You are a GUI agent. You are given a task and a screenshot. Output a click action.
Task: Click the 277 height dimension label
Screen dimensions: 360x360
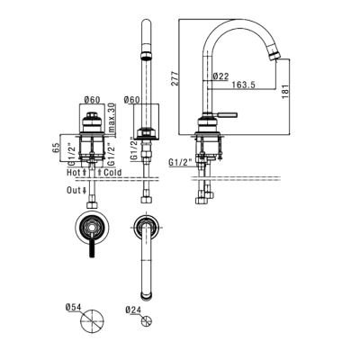pos(175,78)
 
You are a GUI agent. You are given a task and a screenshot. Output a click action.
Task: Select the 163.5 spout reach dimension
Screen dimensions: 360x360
pos(243,85)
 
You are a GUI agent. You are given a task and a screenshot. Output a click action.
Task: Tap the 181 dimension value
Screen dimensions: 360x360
pos(285,91)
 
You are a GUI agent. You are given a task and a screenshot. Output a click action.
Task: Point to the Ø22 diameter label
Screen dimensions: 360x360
pos(220,76)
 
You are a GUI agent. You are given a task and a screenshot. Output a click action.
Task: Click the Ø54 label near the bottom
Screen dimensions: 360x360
pos(73,308)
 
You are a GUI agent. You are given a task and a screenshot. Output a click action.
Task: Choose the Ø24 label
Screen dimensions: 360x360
pos(133,310)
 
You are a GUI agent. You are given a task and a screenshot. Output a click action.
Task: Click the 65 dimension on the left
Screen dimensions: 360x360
pos(56,148)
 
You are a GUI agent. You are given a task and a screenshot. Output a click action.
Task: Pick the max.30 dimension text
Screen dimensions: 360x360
pos(112,118)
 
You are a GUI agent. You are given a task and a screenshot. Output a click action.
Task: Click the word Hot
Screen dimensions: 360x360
pos(73,173)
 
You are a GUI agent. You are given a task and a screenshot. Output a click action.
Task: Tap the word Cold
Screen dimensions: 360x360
pos(112,173)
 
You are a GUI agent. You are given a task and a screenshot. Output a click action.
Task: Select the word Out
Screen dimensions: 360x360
pos(74,190)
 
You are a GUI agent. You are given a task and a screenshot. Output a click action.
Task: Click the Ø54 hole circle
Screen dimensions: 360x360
pos(92,320)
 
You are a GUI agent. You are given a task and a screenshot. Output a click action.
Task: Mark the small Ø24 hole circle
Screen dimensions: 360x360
pos(147,321)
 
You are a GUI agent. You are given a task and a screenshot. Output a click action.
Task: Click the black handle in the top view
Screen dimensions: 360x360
pos(93,248)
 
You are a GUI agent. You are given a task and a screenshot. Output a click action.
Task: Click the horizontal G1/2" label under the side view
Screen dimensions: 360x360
pos(180,163)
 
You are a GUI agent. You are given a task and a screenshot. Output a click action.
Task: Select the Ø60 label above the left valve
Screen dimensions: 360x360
pos(92,100)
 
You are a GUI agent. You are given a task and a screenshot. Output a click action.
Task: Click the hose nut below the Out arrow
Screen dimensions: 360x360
pos(92,205)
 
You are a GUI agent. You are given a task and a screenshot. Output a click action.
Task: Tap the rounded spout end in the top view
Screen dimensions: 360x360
pos(147,296)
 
